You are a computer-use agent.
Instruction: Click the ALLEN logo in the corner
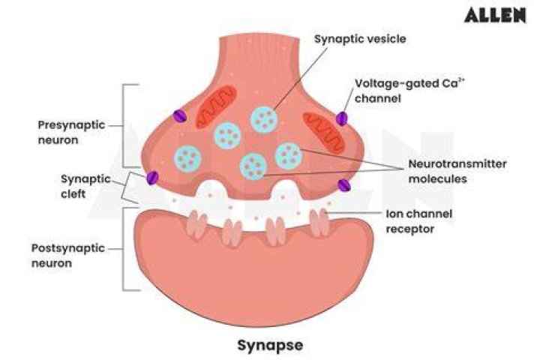(495, 16)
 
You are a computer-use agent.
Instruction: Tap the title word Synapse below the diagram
(270, 346)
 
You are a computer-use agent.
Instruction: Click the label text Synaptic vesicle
(360, 39)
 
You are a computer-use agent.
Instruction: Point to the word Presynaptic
(71, 126)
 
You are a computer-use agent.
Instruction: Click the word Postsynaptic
(67, 248)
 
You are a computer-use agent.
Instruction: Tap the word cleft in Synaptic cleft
(73, 194)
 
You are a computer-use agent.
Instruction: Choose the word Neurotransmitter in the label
(457, 163)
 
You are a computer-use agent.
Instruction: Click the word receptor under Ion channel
(409, 229)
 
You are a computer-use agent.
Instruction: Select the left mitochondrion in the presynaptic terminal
(216, 106)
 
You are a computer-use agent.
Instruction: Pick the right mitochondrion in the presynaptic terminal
(323, 133)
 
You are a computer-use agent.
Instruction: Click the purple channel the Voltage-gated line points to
(342, 118)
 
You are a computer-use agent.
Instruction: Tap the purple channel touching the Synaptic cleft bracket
(151, 178)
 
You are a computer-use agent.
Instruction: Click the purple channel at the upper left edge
(180, 116)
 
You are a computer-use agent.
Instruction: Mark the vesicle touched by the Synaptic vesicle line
(264, 120)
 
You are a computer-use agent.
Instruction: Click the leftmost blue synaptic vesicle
(187, 159)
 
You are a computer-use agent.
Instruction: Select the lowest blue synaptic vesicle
(253, 166)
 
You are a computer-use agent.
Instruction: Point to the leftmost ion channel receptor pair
(197, 224)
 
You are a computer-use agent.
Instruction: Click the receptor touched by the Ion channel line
(319, 222)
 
